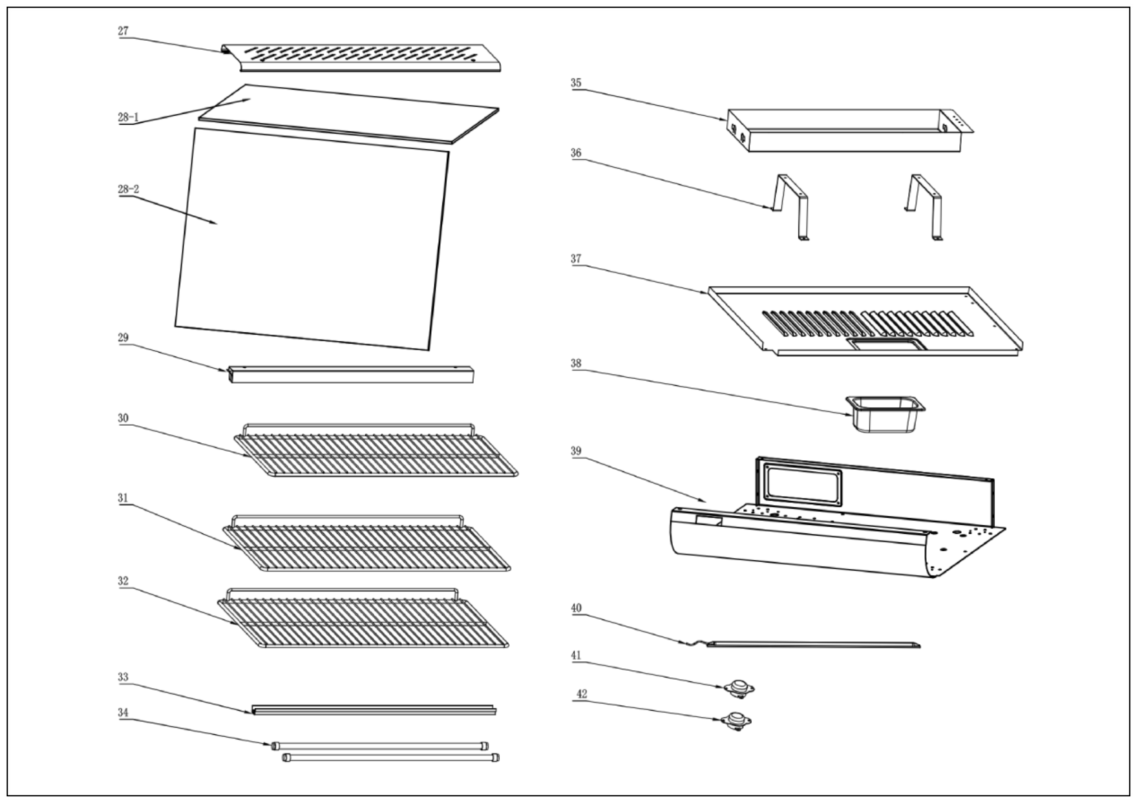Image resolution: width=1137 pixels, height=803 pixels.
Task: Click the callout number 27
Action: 123,31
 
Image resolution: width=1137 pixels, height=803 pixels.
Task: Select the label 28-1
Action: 128,118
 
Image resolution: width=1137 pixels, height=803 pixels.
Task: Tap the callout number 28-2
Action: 128,189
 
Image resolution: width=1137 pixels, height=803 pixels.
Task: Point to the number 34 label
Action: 123,712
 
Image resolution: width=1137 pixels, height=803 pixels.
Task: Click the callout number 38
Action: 576,363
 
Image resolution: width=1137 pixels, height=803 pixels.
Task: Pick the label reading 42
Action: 582,694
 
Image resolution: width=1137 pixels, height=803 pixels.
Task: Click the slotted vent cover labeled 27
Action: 361,57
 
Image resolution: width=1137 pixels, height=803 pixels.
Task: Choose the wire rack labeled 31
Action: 367,547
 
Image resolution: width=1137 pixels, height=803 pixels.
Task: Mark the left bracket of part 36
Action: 791,206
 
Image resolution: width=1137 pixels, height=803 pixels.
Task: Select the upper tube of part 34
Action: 380,746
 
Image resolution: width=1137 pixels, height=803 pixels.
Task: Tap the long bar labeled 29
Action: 351,375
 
